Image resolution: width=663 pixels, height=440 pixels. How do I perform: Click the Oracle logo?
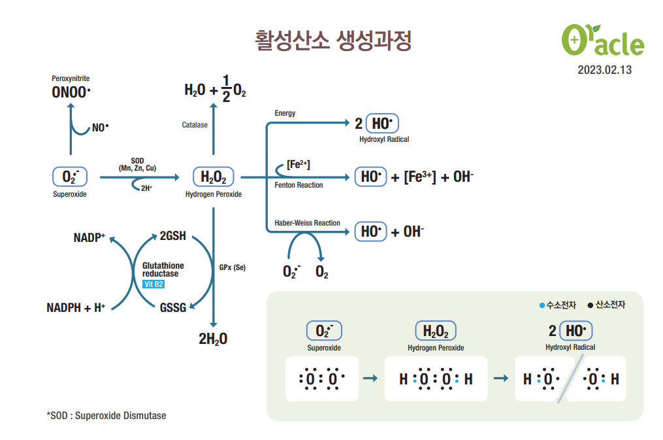602,41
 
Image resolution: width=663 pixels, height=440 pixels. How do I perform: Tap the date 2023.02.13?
604,69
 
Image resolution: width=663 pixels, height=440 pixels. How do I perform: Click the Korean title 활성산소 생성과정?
333,41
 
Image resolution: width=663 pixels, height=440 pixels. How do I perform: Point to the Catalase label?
195,125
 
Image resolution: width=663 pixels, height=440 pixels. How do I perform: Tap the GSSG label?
173,307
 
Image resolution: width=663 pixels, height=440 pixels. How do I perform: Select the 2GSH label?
173,236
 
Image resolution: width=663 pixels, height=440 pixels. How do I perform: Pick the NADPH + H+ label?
76,307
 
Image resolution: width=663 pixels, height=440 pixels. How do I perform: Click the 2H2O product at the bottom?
213,339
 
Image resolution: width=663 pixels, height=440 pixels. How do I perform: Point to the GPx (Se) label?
233,267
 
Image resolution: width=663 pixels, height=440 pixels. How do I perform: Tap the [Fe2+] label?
299,165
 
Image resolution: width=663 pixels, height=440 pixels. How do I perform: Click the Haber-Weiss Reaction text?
307,223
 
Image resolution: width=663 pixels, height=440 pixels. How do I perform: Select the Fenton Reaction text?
299,185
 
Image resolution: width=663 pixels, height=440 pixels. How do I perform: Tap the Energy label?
285,113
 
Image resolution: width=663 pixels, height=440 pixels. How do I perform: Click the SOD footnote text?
106,415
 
